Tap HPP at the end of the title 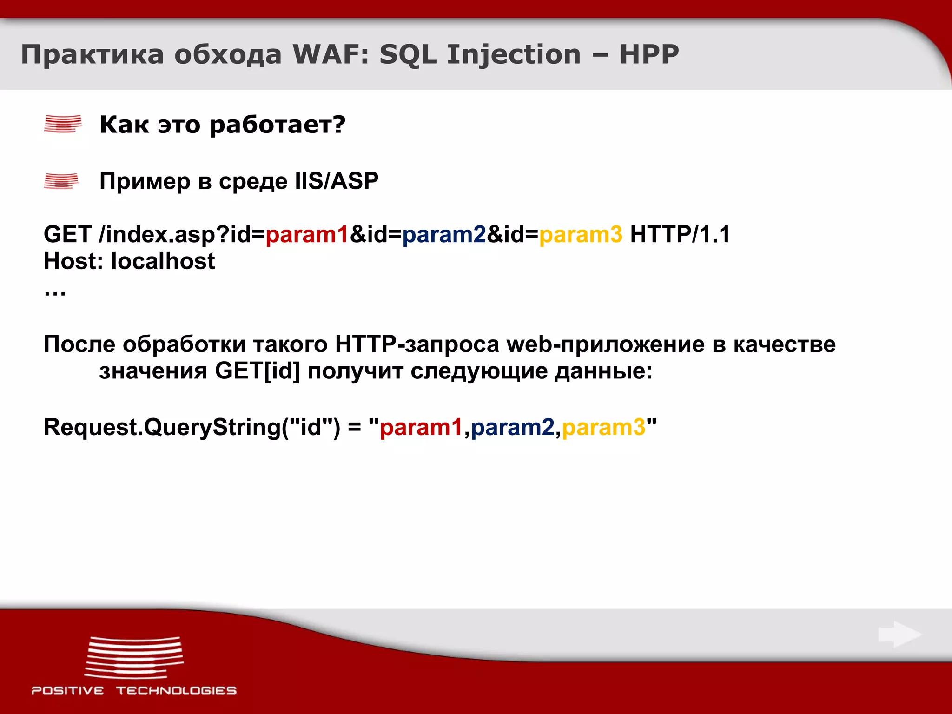pos(649,54)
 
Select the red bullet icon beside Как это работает pos(63,124)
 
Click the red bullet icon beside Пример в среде pos(61,181)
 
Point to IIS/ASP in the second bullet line pos(337,181)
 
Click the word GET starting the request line pos(67,234)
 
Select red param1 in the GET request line pos(307,235)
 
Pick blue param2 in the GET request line pos(444,235)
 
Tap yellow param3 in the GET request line pos(581,235)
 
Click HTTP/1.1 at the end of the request pos(680,234)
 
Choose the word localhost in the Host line pos(163,261)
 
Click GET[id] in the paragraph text pos(258,371)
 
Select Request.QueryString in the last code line pos(162,427)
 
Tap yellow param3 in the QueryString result pos(603,427)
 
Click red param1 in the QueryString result pos(421,427)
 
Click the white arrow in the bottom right pos(899,635)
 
